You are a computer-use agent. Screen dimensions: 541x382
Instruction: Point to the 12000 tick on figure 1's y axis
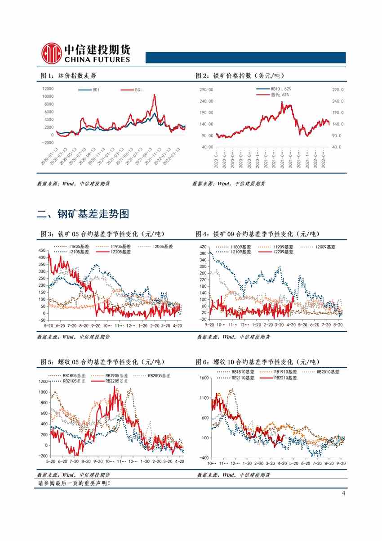tap(47, 89)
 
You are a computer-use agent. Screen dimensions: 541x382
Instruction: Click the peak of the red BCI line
tap(154, 95)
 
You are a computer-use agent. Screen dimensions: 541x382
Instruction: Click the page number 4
tap(343, 493)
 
